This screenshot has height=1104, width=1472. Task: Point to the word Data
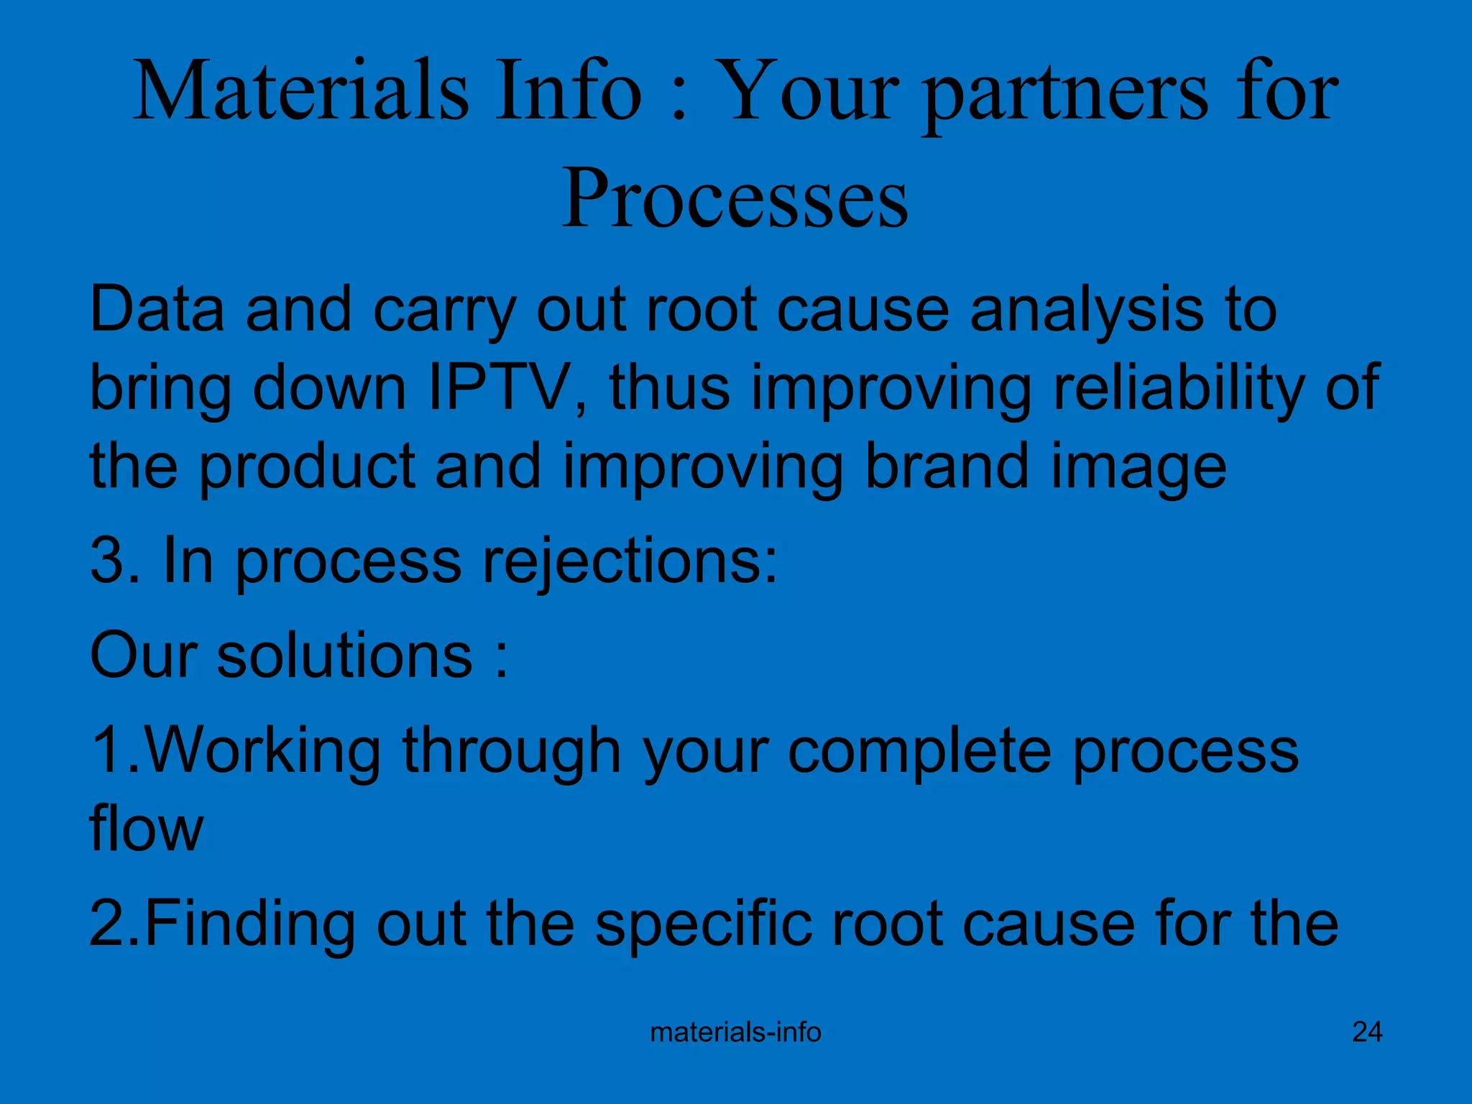coord(156,310)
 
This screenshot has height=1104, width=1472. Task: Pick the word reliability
coord(1179,388)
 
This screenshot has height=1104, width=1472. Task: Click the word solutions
coord(345,655)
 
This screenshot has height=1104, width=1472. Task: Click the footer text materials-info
coord(735,1032)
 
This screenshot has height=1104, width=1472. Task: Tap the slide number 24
coord(1366,1032)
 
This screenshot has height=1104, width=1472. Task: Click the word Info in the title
coord(567,92)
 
